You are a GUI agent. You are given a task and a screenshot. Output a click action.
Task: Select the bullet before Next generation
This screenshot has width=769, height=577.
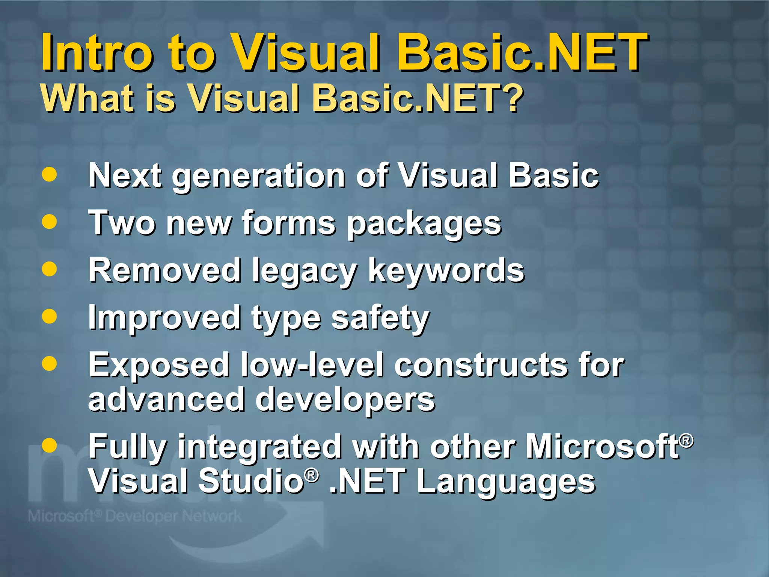click(x=50, y=174)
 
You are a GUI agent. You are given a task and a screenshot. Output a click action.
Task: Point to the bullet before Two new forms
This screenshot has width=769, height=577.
click(x=50, y=222)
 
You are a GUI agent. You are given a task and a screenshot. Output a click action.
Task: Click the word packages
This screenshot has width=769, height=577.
click(x=424, y=225)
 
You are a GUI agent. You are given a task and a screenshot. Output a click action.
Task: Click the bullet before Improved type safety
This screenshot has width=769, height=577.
click(x=50, y=316)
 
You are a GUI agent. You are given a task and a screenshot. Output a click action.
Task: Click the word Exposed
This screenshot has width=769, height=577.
click(x=159, y=366)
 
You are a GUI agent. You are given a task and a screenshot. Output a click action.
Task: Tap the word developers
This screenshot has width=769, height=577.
click(x=345, y=400)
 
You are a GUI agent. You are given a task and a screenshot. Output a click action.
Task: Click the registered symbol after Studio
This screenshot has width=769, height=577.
click(x=311, y=476)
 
